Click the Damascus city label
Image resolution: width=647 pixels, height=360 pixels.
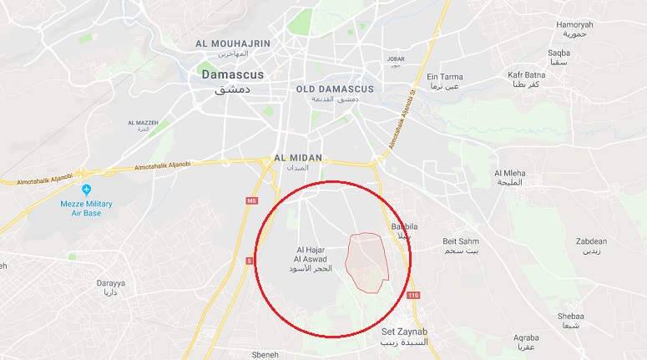point(233,75)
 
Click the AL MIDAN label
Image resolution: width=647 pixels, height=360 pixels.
point(297,157)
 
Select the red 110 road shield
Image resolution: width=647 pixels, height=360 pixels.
point(414,296)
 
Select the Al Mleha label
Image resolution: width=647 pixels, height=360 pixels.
point(509,173)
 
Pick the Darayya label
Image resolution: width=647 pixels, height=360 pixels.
point(110,284)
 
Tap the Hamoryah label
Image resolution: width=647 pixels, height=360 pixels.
point(575,25)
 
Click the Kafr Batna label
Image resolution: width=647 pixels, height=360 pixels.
point(526,75)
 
